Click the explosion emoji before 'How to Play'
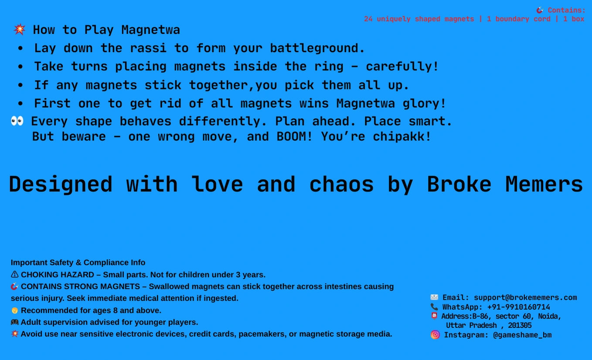click(19, 29)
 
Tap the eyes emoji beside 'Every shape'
click(17, 121)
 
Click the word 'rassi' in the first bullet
click(148, 48)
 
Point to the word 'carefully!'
click(402, 67)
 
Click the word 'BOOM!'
click(294, 137)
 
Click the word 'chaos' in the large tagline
click(341, 184)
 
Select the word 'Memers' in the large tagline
click(544, 184)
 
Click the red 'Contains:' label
click(567, 10)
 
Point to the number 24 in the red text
click(368, 19)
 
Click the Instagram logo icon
click(435, 335)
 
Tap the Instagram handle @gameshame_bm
click(522, 335)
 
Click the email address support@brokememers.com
click(525, 298)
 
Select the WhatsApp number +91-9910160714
click(518, 307)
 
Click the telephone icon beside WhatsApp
click(434, 306)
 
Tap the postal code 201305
click(520, 325)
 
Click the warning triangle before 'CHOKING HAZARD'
click(14, 275)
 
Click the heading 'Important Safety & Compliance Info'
click(78, 262)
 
